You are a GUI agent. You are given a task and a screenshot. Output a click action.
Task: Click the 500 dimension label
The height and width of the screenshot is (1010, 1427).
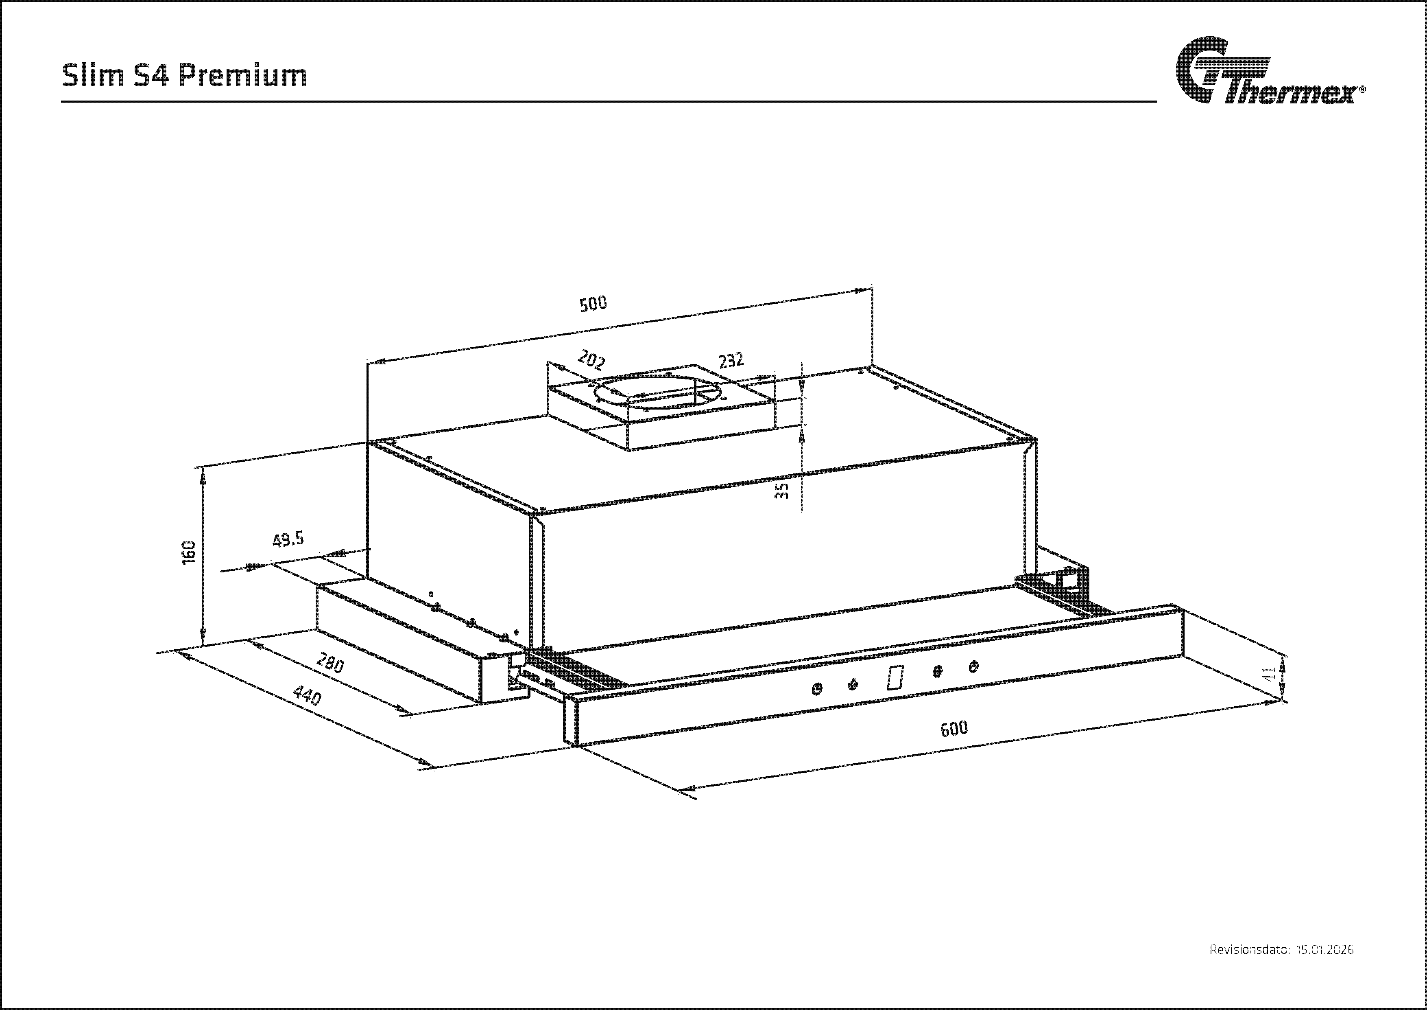tap(593, 304)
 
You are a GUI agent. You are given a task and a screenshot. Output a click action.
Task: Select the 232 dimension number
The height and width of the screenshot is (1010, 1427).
tap(731, 361)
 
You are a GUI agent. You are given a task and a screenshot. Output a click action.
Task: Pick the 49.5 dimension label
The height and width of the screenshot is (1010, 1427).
tap(288, 539)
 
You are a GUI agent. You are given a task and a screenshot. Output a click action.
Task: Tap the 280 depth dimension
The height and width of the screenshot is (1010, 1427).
tap(330, 663)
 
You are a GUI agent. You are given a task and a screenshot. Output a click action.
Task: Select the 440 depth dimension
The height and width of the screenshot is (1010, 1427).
tap(307, 695)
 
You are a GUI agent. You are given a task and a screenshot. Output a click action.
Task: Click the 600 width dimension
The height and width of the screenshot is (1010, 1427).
tap(954, 728)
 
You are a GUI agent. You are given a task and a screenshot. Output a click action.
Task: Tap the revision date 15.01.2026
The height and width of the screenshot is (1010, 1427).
tap(1324, 950)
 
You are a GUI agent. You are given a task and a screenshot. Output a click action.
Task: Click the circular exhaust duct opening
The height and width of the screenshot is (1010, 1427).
tap(659, 392)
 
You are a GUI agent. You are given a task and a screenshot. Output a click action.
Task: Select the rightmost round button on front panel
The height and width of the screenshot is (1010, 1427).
tap(973, 667)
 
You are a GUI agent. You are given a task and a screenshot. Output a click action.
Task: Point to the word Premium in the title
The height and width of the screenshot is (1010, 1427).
tap(243, 76)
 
